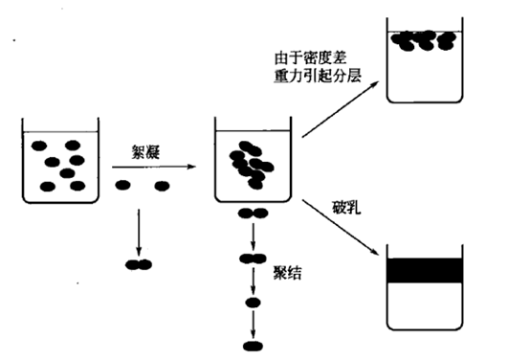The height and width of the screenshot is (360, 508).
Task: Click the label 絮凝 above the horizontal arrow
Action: (144, 151)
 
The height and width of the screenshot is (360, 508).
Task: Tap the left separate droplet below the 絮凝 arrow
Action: (123, 185)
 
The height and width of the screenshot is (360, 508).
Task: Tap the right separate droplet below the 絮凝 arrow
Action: (162, 185)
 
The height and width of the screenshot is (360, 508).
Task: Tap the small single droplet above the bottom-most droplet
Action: (253, 303)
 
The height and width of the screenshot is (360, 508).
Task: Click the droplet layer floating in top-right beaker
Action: (425, 41)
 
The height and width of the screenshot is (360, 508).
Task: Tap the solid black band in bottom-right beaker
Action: (426, 270)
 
